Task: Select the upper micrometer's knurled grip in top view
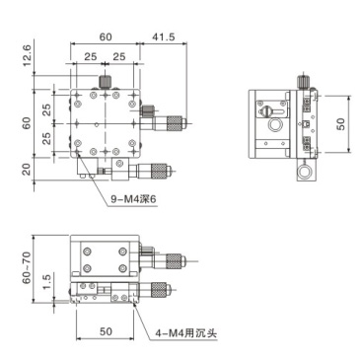(x=173, y=122)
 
